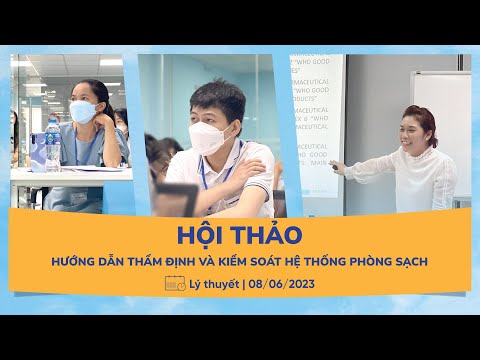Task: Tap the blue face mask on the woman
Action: [x=84, y=112]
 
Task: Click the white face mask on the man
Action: [x=212, y=137]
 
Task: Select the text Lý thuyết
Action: [x=213, y=285]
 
